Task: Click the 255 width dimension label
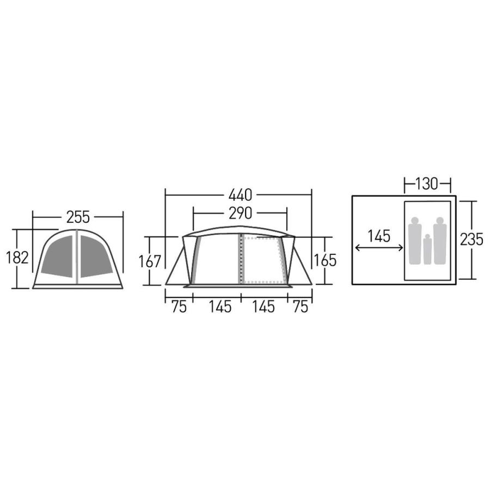point(78,217)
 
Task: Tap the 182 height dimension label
point(17,258)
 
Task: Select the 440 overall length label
point(240,195)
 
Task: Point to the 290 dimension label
point(240,213)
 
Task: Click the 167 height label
point(150,261)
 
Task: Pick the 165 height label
point(325,260)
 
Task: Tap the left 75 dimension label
point(179,307)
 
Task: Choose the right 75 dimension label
point(301,307)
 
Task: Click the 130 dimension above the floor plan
point(427,184)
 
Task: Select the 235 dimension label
point(471,240)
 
